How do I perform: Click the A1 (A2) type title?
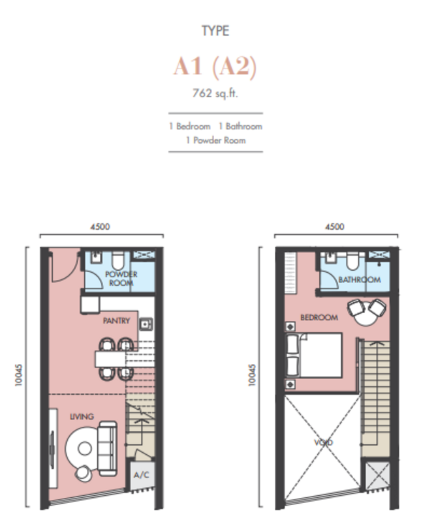[215, 67]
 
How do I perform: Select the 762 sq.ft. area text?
[215, 93]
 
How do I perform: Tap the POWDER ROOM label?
[121, 279]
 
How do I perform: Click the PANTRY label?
[116, 320]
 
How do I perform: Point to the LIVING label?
[82, 416]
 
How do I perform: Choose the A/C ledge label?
[141, 475]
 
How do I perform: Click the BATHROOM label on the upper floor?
[360, 280]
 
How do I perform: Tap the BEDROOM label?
[319, 318]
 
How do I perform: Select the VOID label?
[323, 442]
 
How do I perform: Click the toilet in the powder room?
[118, 260]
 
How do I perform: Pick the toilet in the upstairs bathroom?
[353, 260]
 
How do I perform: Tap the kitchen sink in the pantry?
[146, 324]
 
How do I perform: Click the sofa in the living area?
[107, 448]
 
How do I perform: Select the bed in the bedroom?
[315, 355]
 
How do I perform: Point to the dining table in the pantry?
[111, 359]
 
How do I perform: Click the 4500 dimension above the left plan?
[100, 226]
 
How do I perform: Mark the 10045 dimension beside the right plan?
[252, 375]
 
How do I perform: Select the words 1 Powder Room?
[216, 140]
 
